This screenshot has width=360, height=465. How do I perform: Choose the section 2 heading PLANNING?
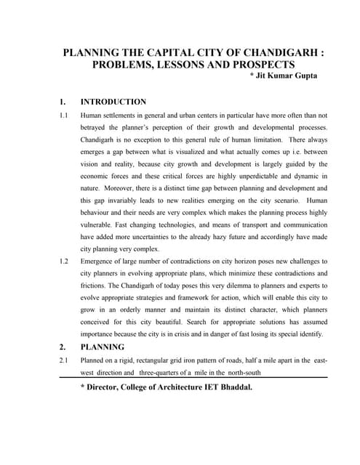click(102, 347)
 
